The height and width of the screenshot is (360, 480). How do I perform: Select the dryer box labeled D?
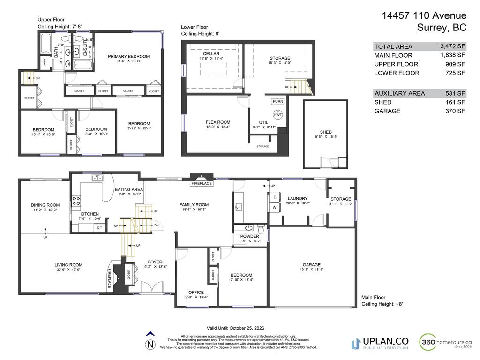pos(275,197)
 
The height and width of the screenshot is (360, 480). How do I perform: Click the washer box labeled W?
pos(275,207)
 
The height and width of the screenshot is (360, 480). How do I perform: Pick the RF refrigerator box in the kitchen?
pos(99,228)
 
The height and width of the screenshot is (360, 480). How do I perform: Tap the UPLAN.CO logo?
pos(379,343)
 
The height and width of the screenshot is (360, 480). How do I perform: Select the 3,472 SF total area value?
pos(452,46)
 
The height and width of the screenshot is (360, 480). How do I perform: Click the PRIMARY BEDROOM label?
pos(128,56)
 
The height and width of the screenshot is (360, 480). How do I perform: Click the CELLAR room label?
pos(211,54)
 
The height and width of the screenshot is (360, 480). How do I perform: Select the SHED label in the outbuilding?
pos(326,132)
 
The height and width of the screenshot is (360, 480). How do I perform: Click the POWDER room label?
pos(249,236)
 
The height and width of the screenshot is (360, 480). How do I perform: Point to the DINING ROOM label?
pos(45,205)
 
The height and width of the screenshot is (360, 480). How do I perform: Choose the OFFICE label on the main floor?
pos(196,292)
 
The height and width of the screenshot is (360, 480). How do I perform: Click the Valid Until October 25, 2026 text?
pos(239,328)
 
